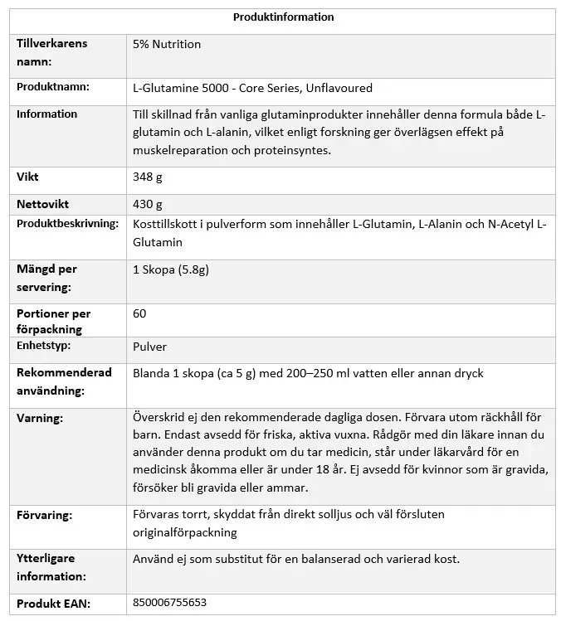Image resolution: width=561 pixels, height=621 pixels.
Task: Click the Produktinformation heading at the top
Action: [283, 17]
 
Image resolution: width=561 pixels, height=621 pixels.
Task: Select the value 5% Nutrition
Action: [166, 44]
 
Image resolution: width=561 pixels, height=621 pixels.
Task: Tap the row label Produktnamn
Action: [53, 87]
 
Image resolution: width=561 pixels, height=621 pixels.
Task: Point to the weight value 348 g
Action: [147, 177]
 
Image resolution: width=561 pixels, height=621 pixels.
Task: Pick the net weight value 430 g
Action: [147, 204]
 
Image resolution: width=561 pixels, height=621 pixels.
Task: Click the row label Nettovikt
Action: [42, 204]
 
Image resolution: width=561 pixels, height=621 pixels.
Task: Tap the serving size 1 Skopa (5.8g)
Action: [171, 269]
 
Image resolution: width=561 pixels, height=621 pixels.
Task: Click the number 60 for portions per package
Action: [139, 313]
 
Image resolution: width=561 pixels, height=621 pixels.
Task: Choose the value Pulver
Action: [149, 347]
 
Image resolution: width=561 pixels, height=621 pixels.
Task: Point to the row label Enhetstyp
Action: [44, 346]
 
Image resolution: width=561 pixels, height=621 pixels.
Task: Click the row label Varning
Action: [40, 418]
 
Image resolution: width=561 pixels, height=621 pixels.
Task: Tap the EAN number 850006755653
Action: [169, 603]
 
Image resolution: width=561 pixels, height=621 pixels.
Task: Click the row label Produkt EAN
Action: [53, 603]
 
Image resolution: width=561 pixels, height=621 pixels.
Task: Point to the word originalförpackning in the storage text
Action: [184, 532]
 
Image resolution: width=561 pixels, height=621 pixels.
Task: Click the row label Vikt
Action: [27, 177]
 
